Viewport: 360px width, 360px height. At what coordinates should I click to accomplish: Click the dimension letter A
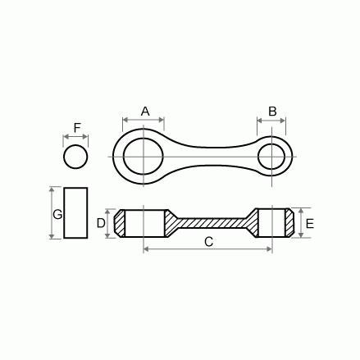pos(145,111)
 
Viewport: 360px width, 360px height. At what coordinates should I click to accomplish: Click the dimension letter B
pos(273,111)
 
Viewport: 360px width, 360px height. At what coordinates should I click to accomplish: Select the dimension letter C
pos(208,241)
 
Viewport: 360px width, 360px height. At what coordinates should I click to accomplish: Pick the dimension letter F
pos(77,128)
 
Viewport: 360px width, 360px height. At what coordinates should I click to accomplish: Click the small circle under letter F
pos(75,155)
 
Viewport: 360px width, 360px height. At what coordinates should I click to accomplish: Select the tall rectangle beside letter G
pos(76,213)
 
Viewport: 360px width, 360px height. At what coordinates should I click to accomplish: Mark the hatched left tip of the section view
pos(120,222)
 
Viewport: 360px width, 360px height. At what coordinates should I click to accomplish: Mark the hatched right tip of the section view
pos(287,222)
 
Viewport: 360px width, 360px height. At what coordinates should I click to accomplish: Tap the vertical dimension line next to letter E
pos(301,222)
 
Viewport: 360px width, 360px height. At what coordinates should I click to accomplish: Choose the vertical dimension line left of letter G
pos(51,213)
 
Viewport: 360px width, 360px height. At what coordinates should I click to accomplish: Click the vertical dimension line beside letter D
pos(107,222)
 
